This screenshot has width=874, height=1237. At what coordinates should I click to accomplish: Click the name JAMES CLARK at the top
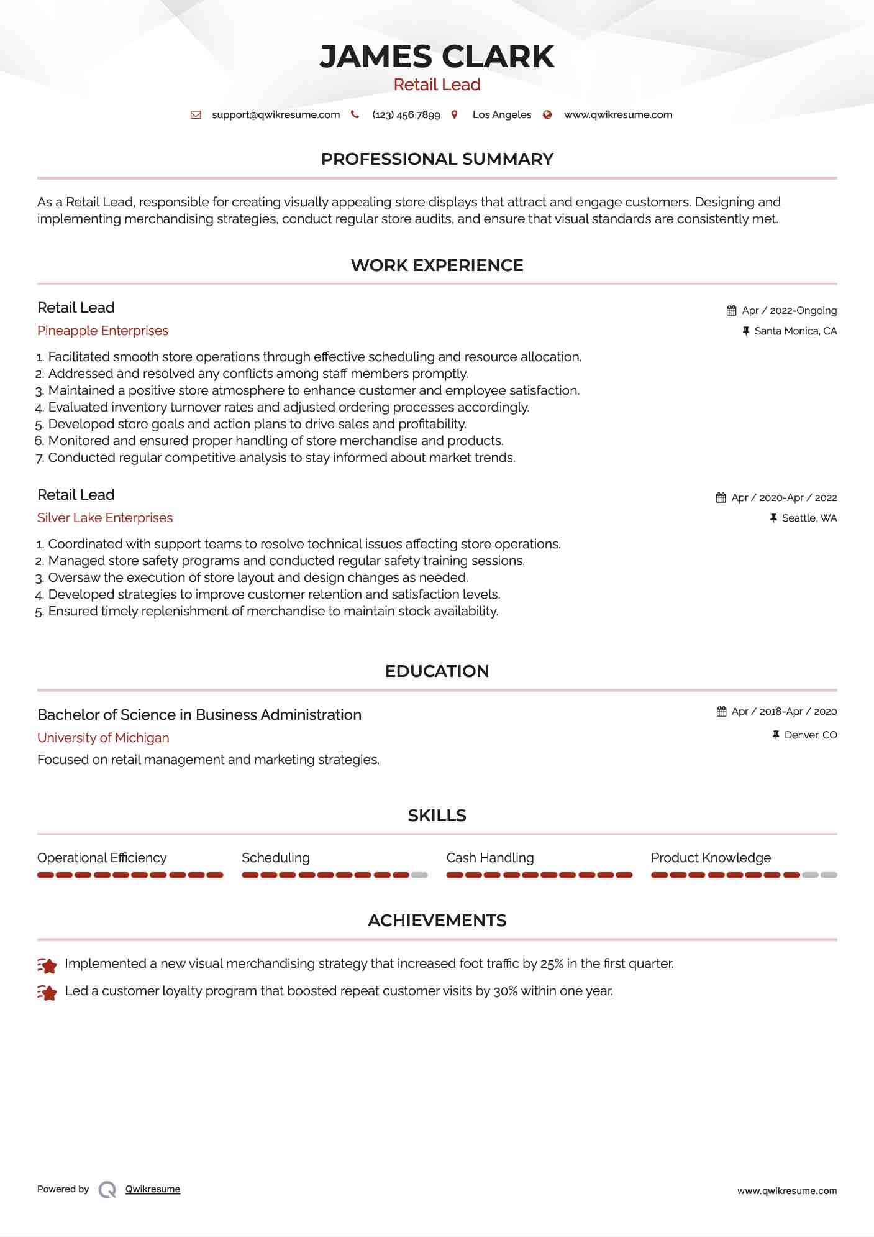coord(437,57)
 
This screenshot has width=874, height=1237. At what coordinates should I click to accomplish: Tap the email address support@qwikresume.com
coord(276,115)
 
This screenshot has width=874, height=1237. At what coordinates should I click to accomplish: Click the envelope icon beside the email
coord(196,115)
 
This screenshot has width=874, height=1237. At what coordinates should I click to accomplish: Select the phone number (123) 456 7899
coord(406,115)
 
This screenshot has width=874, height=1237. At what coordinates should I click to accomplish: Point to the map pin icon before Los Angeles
coord(455,115)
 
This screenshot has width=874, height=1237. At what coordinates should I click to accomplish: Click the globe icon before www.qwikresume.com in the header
coord(547,115)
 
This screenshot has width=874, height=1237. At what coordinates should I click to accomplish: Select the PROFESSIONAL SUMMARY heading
coord(437,159)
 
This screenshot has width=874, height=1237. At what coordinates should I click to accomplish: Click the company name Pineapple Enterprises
coord(102,331)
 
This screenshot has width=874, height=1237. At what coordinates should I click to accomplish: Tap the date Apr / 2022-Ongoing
coord(789,311)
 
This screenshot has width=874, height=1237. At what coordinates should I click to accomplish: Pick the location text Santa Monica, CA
coord(795,331)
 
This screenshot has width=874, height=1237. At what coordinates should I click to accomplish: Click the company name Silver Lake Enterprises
coord(105,518)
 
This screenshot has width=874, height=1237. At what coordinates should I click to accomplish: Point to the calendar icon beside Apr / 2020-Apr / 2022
coord(721,498)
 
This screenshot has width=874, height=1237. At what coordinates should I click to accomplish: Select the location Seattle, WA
coord(809,518)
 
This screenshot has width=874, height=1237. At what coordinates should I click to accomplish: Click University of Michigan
coord(103,738)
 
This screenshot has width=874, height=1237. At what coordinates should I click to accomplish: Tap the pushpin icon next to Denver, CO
coord(776,735)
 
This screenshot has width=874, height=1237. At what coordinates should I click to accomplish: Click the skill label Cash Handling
coord(490,858)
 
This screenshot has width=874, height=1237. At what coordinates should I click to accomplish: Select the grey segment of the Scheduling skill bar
coord(420,875)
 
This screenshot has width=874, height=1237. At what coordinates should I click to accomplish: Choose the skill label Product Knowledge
coord(711,858)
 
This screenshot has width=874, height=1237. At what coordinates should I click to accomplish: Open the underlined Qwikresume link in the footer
coord(153,1189)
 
